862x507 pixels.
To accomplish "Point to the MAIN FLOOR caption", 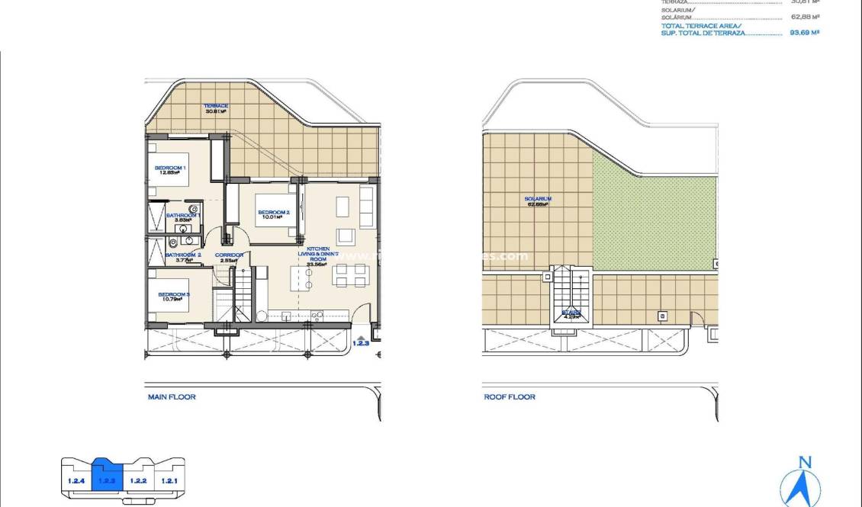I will (172, 397).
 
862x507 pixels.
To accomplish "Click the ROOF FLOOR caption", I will (510, 397).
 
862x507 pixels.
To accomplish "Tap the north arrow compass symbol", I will (801, 482).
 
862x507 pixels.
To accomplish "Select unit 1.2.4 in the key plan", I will (76, 481).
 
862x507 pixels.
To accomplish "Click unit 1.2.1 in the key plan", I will (169, 481).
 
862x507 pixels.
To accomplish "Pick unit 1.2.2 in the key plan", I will (138, 481).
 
